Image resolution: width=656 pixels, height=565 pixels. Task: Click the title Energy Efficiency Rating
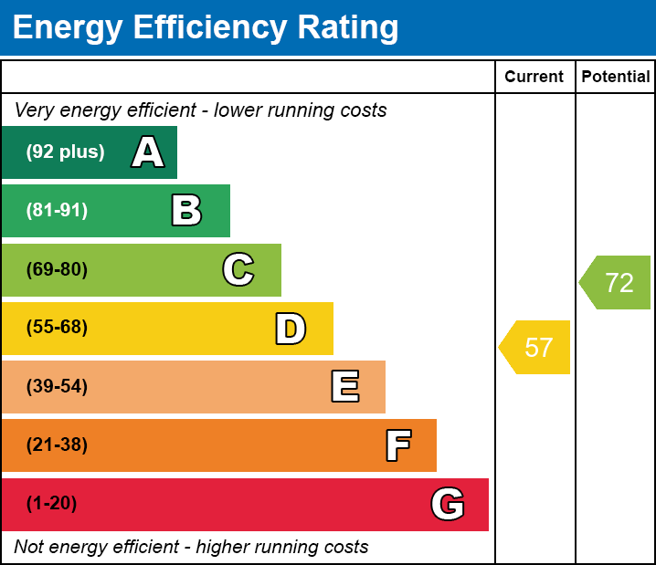tap(206, 28)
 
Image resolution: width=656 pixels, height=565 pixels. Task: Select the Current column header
tap(534, 77)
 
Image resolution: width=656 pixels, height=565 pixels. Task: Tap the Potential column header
tap(616, 77)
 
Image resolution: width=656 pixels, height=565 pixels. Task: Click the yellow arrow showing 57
tap(536, 348)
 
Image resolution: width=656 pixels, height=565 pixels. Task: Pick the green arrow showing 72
tap(617, 283)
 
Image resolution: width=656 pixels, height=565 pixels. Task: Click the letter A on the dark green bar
tap(148, 152)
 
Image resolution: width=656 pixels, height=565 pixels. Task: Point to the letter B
tap(186, 211)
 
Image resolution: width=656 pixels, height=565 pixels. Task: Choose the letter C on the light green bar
tap(238, 270)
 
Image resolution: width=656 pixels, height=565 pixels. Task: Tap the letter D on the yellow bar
tap(291, 329)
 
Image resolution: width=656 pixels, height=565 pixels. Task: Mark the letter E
tap(344, 387)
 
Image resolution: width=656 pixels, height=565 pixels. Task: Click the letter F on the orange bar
tap(397, 445)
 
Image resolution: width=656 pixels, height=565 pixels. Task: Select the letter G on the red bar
tap(448, 504)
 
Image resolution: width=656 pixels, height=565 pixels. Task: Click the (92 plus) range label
tap(65, 152)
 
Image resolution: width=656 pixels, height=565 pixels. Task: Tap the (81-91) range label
tap(57, 211)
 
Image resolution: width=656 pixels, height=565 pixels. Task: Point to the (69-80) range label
tap(57, 270)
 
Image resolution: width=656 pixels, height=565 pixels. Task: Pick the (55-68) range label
tap(57, 328)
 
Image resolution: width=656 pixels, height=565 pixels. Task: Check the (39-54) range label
tap(57, 387)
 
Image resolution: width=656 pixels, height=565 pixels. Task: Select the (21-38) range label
tap(57, 445)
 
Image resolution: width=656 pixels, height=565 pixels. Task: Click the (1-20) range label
tap(51, 504)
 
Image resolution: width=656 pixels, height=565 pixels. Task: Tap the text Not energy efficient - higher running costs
tap(192, 548)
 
